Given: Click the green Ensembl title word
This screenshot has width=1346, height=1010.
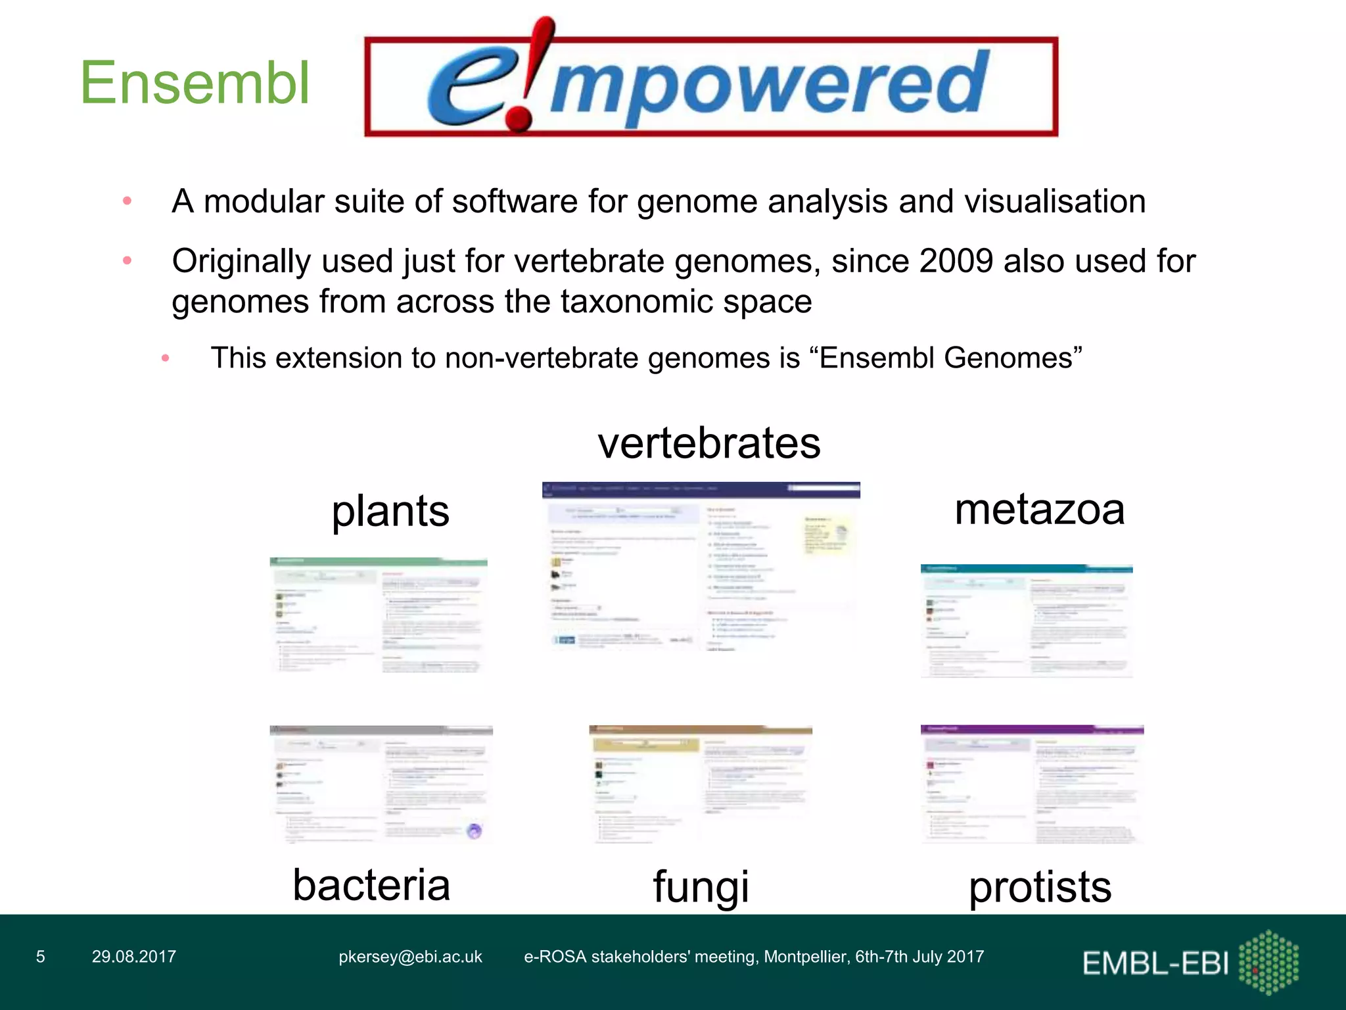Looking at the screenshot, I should [x=195, y=83].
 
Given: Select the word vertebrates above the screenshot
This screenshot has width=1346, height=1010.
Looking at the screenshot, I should [x=708, y=443].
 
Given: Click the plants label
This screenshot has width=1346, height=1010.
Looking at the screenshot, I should [x=390, y=511].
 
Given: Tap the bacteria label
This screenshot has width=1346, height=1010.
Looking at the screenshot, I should [x=371, y=884].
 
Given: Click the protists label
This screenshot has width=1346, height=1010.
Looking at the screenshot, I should [x=1040, y=887].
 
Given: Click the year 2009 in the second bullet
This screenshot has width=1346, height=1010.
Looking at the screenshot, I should [x=956, y=261].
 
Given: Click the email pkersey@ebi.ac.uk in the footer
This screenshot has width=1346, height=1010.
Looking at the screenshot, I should [x=410, y=957].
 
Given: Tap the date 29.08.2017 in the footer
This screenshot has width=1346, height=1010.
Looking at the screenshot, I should [x=134, y=957].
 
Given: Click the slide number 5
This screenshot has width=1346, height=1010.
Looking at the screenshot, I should [x=41, y=957].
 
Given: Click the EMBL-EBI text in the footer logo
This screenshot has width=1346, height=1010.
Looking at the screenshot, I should [x=1155, y=963].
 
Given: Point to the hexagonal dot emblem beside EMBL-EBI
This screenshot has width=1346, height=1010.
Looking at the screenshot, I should [x=1268, y=961].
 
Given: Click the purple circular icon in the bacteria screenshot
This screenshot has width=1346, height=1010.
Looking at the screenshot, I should [x=475, y=831].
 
